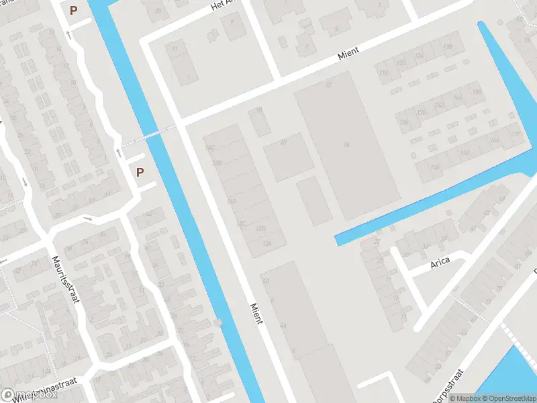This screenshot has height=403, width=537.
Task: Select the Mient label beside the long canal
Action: tap(256, 312)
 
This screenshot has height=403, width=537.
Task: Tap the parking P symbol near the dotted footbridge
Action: tap(140, 172)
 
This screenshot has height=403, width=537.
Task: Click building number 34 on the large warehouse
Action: tap(346, 145)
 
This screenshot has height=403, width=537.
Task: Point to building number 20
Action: tap(283, 142)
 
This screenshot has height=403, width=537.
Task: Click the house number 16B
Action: tap(216, 163)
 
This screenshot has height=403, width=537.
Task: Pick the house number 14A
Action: tap(232, 201)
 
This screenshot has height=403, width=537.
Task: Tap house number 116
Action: tap(383, 73)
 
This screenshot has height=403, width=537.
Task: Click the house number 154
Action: tap(434, 167)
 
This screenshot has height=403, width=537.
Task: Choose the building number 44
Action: tap(283, 326)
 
